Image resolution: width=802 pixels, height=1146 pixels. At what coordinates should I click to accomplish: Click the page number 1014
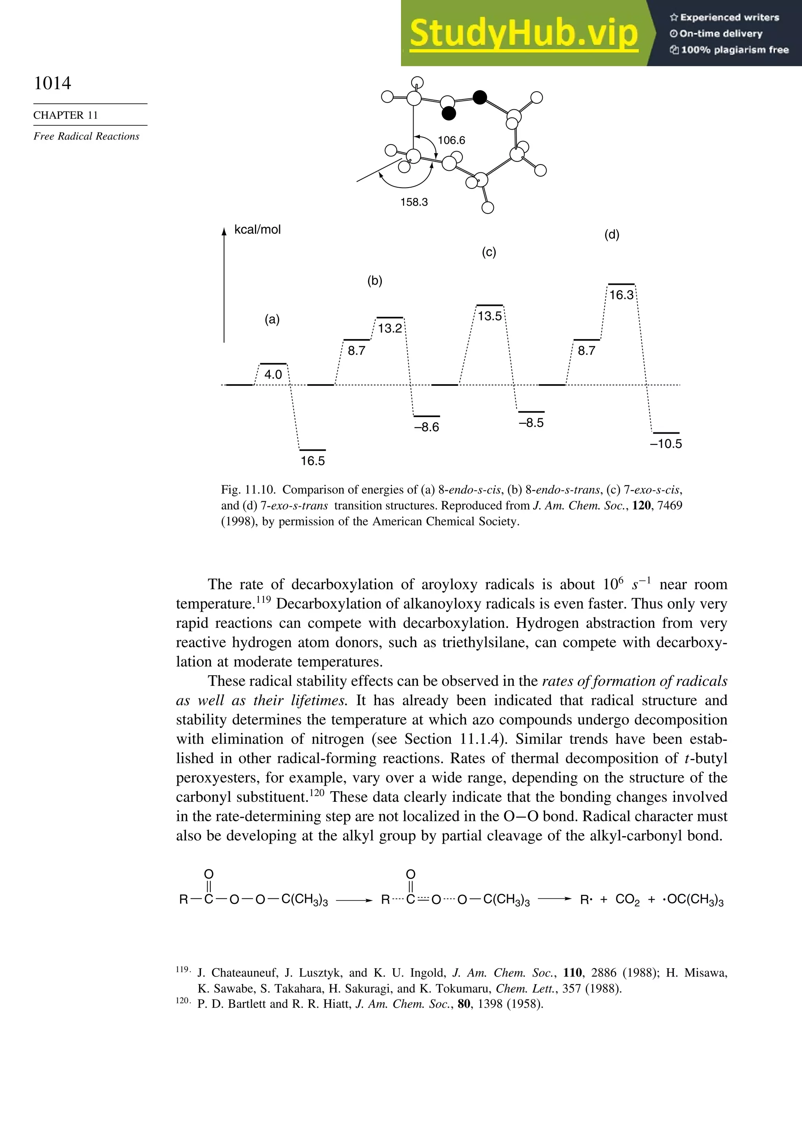point(52,83)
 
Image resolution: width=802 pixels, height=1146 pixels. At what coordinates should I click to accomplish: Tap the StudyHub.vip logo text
point(524,33)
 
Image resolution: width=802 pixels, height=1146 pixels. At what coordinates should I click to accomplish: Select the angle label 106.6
point(451,140)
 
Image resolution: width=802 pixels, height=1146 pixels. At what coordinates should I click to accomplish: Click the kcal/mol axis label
point(258,230)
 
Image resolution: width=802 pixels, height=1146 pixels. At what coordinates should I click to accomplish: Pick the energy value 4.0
point(273,374)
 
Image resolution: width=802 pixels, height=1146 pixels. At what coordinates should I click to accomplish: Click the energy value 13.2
point(390,329)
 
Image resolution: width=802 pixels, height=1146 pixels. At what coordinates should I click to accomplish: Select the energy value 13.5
point(490,316)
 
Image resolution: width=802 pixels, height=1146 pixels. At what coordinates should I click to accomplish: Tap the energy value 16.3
point(621,295)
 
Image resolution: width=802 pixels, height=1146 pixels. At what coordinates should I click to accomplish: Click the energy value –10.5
point(666,444)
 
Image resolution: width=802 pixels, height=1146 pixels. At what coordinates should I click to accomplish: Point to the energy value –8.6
point(427,427)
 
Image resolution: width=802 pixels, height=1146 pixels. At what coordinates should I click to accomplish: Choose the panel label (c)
point(489,252)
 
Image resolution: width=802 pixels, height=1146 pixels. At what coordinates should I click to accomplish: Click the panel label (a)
point(272,320)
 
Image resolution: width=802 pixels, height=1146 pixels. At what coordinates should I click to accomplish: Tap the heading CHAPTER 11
point(65,115)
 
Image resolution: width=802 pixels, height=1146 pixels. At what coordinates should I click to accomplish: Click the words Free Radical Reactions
point(86,136)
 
